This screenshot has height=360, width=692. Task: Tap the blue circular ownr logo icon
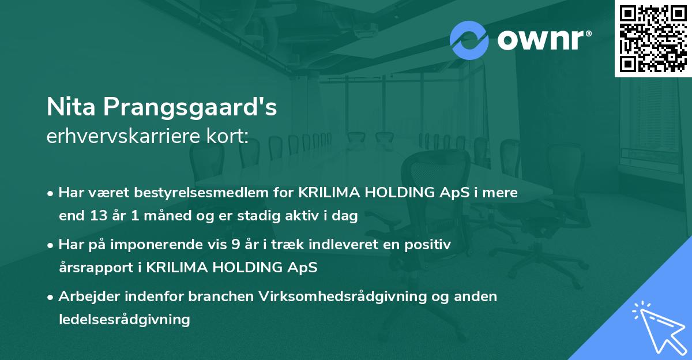tap(469, 40)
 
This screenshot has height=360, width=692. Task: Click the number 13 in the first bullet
tap(95, 216)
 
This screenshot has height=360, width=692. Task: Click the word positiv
tap(429, 245)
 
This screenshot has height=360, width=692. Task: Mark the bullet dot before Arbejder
tap(51, 297)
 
